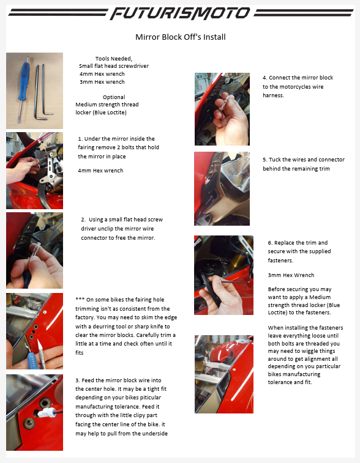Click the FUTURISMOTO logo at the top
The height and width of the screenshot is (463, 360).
[x=180, y=13]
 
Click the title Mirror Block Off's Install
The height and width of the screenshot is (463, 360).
[x=180, y=37]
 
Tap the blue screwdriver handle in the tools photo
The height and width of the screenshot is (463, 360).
[x=24, y=81]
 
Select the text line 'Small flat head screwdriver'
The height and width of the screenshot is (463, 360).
[x=114, y=66]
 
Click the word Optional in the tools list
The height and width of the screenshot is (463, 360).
[x=114, y=97]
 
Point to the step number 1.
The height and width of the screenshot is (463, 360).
[x=80, y=139]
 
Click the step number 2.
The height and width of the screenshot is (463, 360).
[x=83, y=220]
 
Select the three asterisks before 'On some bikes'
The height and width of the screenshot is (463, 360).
[x=80, y=299]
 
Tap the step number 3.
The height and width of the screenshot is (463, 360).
[x=77, y=380]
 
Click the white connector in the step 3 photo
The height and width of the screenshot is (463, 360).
[x=47, y=413]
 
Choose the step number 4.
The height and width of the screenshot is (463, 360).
[x=265, y=78]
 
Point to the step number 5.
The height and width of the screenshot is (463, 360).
[x=265, y=160]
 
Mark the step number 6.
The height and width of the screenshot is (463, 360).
[x=270, y=243]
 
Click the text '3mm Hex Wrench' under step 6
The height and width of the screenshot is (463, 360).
[x=291, y=275]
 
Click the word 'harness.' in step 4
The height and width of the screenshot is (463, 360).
[x=273, y=95]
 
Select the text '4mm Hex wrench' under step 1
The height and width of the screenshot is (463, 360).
[x=100, y=171]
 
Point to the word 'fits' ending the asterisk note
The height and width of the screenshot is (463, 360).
[x=79, y=352]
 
